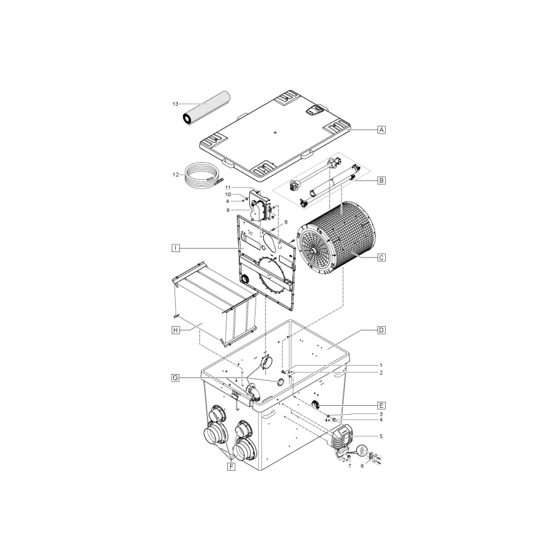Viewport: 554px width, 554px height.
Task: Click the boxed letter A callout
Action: (x=382, y=129)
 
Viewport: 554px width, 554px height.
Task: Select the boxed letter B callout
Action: (x=382, y=180)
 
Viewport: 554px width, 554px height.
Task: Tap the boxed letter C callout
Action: (x=382, y=258)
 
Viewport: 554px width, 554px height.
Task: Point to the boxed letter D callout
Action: (x=382, y=330)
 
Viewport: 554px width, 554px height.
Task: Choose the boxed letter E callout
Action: (x=382, y=405)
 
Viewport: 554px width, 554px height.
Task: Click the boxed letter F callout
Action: (x=231, y=467)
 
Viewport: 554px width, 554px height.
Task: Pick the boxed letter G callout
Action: (x=175, y=378)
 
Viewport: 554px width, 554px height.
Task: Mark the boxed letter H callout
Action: (x=176, y=330)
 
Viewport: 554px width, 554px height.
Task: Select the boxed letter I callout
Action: (x=176, y=248)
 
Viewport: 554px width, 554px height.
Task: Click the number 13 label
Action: (x=175, y=104)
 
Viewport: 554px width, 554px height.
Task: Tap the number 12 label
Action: (x=176, y=175)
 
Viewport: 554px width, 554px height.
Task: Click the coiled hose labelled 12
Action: (x=202, y=175)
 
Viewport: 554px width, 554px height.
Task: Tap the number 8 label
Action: (x=286, y=222)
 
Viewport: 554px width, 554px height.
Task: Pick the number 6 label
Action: (x=361, y=466)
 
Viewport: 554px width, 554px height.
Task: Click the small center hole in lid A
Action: (x=276, y=132)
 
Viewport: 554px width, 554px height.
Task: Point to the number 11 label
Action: (x=228, y=188)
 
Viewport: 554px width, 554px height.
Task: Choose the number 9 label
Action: (x=228, y=211)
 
